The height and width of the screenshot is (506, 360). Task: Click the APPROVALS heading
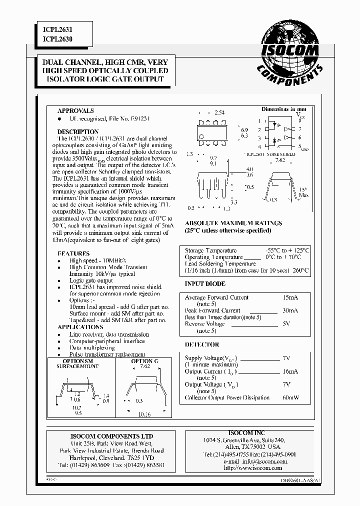tap(75, 110)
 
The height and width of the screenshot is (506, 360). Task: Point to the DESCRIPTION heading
tap(78, 132)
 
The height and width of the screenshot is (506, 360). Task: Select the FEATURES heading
tap(74, 253)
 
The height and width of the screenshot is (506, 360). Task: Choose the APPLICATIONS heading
tap(80, 327)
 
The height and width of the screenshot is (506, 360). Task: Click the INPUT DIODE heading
tap(202, 283)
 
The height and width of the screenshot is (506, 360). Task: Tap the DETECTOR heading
tap(202, 344)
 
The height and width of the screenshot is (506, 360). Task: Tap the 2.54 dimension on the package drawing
tap(219, 113)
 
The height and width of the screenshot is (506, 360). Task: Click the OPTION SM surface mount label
tap(77, 361)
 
